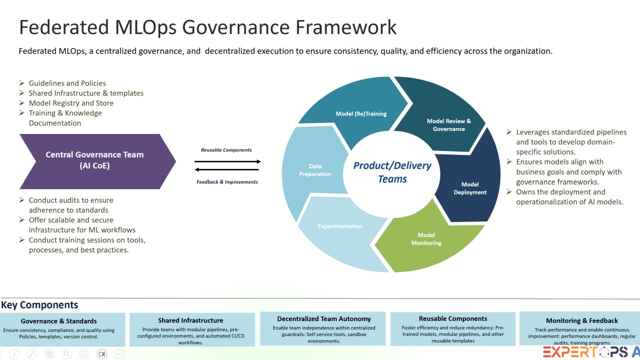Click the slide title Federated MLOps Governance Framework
[208, 27]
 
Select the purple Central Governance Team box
[95, 160]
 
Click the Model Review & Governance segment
[448, 125]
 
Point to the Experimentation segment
[340, 226]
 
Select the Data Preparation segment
[315, 170]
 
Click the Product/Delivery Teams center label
[392, 171]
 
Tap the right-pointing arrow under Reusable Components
[228, 161]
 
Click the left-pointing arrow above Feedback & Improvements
[228, 170]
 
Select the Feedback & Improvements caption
[227, 182]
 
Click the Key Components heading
[40, 305]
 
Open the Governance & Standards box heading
[59, 321]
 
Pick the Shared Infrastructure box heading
[191, 320]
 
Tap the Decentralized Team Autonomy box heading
[324, 318]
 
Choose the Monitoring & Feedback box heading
[581, 320]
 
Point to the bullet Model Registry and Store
[71, 103]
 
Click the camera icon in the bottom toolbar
[102, 354]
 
